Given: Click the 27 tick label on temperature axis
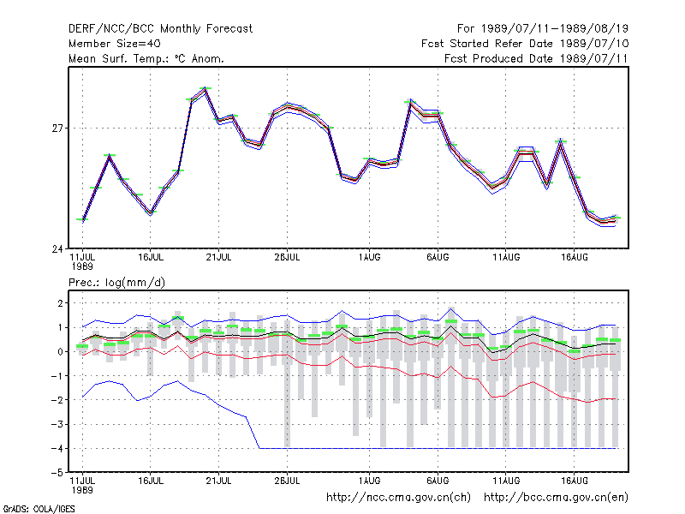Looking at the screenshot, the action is [x=57, y=128].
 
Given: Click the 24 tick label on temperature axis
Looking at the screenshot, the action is [x=57, y=249].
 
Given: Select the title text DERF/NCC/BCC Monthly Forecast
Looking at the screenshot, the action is [x=160, y=29].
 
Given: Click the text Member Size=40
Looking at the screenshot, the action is [x=115, y=44].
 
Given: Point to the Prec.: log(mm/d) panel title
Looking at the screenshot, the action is [x=116, y=283].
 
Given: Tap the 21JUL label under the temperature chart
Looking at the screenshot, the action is [x=218, y=258].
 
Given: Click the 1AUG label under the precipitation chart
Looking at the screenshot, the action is [x=369, y=481].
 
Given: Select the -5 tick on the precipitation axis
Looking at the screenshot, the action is [x=57, y=473].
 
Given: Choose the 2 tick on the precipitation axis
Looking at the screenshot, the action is [x=60, y=303].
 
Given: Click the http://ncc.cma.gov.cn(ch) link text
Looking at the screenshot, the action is [x=398, y=498].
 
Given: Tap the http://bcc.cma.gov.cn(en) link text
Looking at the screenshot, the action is [x=556, y=498].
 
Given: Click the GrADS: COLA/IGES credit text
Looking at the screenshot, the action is [x=39, y=509].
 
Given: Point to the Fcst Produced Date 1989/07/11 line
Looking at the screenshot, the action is [x=536, y=58].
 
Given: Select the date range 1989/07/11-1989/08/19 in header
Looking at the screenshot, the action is [x=555, y=29].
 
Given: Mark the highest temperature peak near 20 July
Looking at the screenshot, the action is [x=205, y=88].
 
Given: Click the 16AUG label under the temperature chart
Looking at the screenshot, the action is [x=574, y=258].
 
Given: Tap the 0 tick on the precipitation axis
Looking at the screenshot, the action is [x=60, y=352].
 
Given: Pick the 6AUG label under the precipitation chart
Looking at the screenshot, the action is [x=438, y=481].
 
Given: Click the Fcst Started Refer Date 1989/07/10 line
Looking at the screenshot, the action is [x=525, y=44].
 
